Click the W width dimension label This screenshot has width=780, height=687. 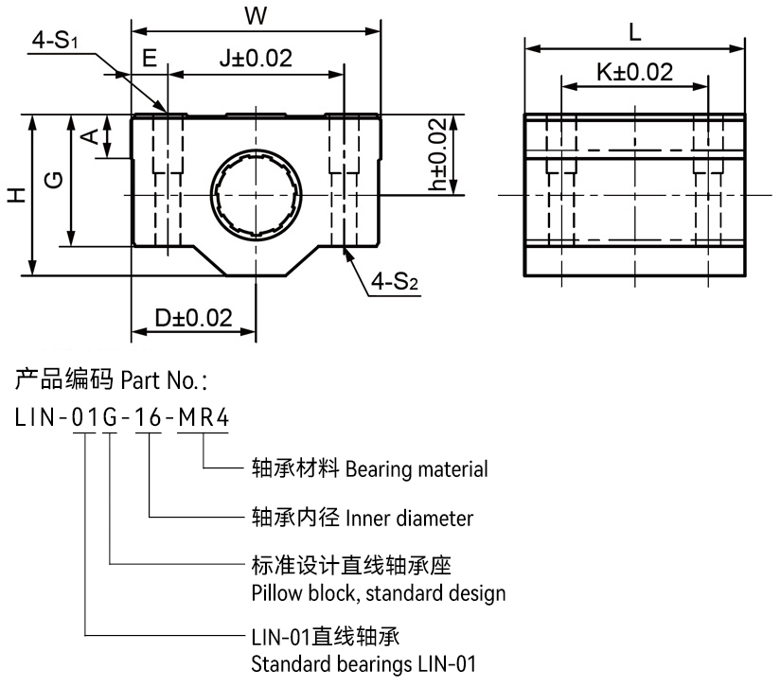(255, 16)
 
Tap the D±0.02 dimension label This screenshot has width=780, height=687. (194, 318)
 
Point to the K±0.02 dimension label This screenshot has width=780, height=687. (635, 72)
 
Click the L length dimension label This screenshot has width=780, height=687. (634, 31)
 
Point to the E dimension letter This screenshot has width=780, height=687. (149, 58)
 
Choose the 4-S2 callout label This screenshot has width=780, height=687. (397, 282)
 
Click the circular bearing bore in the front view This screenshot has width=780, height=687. (256, 196)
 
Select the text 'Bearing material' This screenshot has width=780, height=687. (417, 468)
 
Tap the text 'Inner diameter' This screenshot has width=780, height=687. (410, 519)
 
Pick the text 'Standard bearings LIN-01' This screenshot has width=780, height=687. (363, 663)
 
